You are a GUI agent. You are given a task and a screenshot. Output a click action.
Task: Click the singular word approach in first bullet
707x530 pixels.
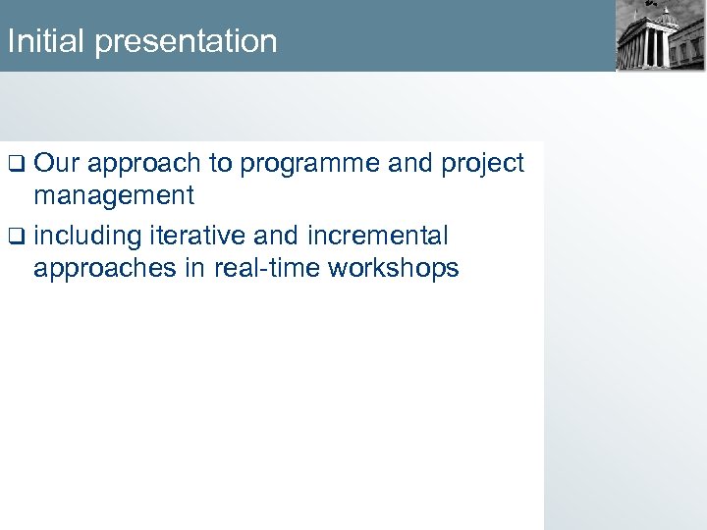tap(142, 164)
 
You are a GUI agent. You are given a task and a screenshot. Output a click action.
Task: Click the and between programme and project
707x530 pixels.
tap(410, 163)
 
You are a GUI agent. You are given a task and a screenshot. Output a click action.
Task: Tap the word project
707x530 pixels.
tap(482, 164)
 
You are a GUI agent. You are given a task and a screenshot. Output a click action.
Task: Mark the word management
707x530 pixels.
tap(114, 196)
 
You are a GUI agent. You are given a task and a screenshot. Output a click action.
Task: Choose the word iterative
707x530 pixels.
tap(197, 236)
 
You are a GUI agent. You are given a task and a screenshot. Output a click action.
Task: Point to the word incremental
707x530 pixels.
tap(378, 236)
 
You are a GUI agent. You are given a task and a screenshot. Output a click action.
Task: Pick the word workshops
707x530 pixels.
tap(394, 269)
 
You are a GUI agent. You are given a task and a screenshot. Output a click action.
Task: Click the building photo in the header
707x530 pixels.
tap(659, 36)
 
